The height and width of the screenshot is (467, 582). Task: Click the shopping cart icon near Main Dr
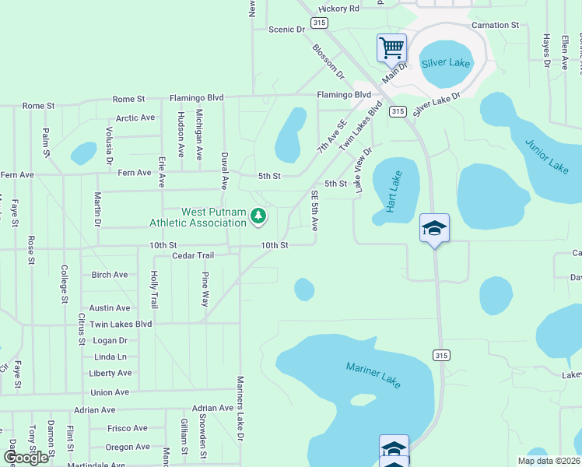click(x=391, y=47)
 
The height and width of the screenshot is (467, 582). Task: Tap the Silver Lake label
click(x=447, y=62)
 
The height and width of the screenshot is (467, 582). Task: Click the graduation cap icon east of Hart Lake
click(x=434, y=227)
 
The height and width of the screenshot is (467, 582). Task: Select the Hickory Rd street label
click(x=342, y=9)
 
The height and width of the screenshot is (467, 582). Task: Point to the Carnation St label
click(x=495, y=26)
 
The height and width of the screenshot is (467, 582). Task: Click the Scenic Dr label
click(x=286, y=30)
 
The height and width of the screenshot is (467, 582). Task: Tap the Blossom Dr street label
click(x=328, y=61)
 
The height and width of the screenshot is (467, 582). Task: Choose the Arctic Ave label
click(x=136, y=118)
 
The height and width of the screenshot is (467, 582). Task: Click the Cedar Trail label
click(x=192, y=256)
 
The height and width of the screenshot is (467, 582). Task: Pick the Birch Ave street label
click(x=110, y=275)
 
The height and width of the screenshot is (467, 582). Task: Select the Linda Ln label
click(x=110, y=356)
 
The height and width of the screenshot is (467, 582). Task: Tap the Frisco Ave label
click(x=127, y=428)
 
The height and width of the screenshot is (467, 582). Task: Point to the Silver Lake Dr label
click(x=437, y=104)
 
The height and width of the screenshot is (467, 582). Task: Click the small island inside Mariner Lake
click(x=363, y=400)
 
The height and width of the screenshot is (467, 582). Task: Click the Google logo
click(x=25, y=457)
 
